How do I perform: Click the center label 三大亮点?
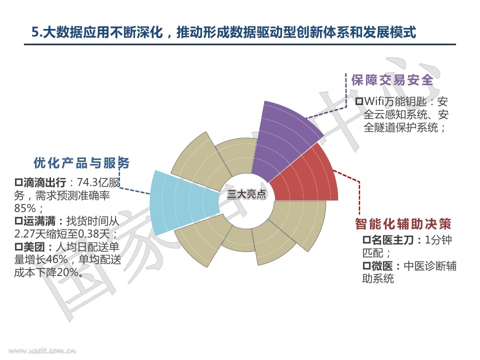pyautogui.click(x=246, y=194)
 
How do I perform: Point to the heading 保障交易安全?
pyautogui.click(x=392, y=80)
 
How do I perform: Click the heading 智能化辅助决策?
pyautogui.click(x=403, y=224)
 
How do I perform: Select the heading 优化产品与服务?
pyautogui.click(x=81, y=163)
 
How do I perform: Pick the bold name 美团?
pyautogui.click(x=34, y=246)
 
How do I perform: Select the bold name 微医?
pyautogui.click(x=382, y=266)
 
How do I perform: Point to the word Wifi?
pyautogui.click(x=375, y=101)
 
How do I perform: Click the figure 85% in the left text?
pyautogui.click(x=25, y=208)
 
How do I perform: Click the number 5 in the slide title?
pyautogui.click(x=35, y=32)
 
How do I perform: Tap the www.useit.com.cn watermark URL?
pyautogui.click(x=42, y=351)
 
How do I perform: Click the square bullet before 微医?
pyautogui.click(x=366, y=266)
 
